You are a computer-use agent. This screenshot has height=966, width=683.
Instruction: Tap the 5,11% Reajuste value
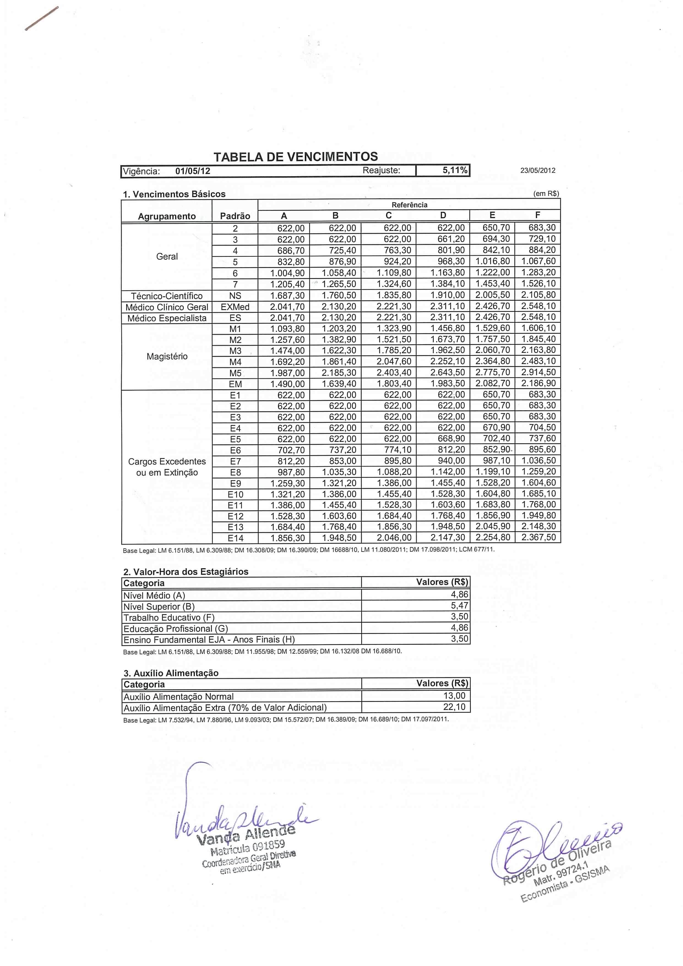point(455,170)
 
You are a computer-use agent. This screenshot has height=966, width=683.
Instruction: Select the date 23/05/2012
point(538,170)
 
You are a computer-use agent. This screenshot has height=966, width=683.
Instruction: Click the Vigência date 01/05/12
point(193,171)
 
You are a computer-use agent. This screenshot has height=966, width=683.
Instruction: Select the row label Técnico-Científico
point(167,296)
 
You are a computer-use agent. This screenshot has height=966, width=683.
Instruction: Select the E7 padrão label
point(235,462)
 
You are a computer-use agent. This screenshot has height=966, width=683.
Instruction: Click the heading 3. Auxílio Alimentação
point(171,673)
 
